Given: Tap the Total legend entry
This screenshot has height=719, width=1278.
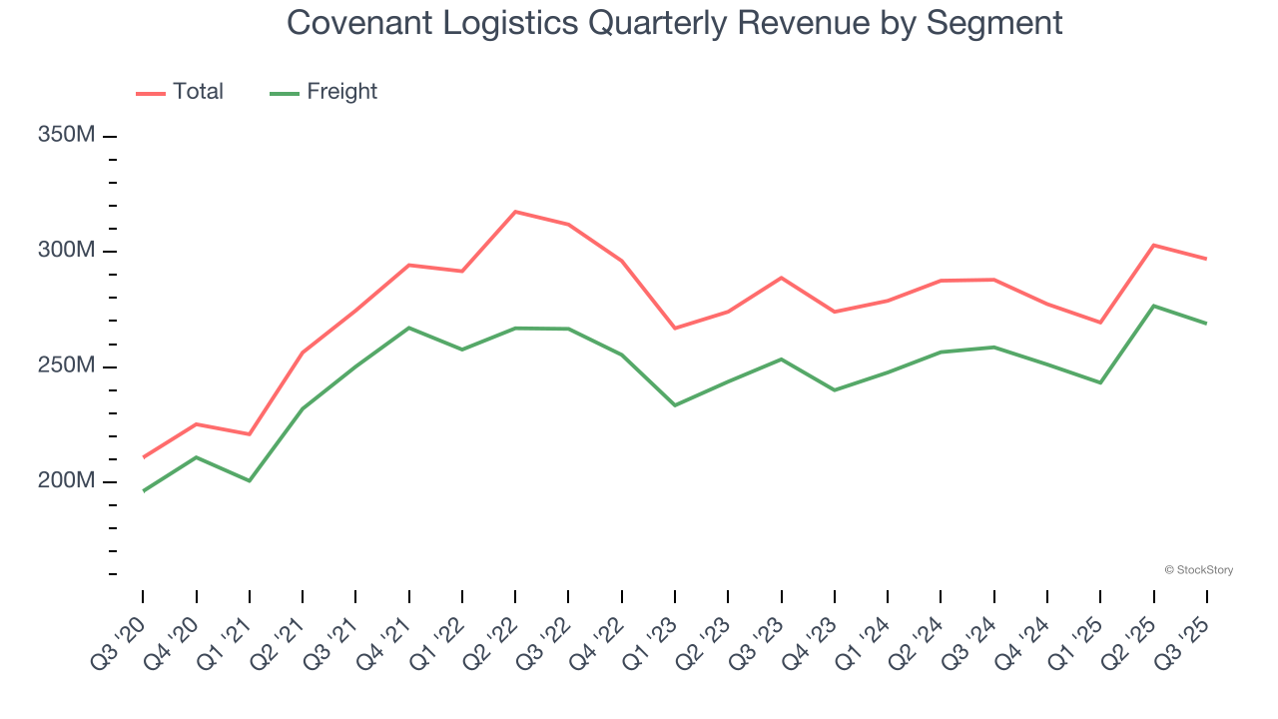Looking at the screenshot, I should [x=180, y=92].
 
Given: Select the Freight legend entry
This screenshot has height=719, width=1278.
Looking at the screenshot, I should [x=324, y=92].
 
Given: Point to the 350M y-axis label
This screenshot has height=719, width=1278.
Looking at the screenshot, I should [x=67, y=135].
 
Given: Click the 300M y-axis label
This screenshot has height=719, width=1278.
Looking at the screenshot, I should [x=67, y=251].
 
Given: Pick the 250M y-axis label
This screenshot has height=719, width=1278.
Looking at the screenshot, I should [x=67, y=366].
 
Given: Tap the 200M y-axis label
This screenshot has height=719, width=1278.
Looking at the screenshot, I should [x=67, y=481].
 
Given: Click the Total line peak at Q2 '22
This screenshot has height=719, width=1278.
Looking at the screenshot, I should [x=515, y=212].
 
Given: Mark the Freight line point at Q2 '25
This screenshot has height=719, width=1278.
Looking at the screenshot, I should [x=1154, y=306].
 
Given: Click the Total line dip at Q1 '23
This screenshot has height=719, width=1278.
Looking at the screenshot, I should [x=675, y=329].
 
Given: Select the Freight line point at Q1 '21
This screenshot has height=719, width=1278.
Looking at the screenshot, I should [x=250, y=480].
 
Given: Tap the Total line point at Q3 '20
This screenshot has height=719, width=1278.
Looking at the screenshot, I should [x=143, y=457].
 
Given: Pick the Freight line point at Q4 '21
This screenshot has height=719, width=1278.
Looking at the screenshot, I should [x=409, y=328].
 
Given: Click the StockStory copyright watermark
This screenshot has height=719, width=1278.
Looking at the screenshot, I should [x=1198, y=570].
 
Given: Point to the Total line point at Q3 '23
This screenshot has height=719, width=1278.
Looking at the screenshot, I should [x=781, y=278].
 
